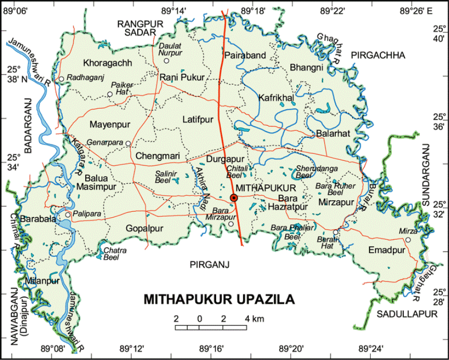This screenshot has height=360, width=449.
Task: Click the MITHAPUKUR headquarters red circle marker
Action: click(x=234, y=198)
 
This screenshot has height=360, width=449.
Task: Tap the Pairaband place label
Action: click(x=245, y=55)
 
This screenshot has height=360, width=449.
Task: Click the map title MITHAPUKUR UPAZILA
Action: click(x=219, y=300)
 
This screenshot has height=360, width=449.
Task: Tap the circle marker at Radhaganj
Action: click(x=61, y=79)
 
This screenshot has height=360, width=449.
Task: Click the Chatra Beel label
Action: click(x=115, y=253)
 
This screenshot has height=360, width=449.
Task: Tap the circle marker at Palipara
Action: click(x=68, y=215)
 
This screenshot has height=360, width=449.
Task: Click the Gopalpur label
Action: click(x=144, y=228)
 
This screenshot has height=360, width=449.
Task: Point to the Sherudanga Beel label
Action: click(x=310, y=171)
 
